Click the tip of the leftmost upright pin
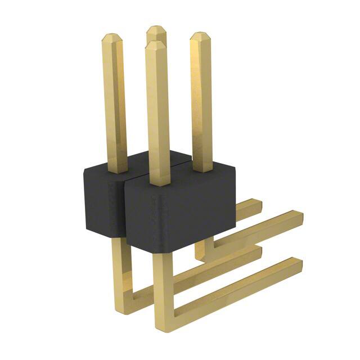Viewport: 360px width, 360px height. point(111,37)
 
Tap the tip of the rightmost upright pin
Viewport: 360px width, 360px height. point(199,36)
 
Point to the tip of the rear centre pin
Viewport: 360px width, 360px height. point(155,29)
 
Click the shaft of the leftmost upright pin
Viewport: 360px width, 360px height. point(115,101)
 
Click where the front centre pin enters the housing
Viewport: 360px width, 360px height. point(160,182)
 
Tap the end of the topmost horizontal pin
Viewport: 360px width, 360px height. point(256,204)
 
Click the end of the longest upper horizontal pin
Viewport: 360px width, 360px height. point(299,217)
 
